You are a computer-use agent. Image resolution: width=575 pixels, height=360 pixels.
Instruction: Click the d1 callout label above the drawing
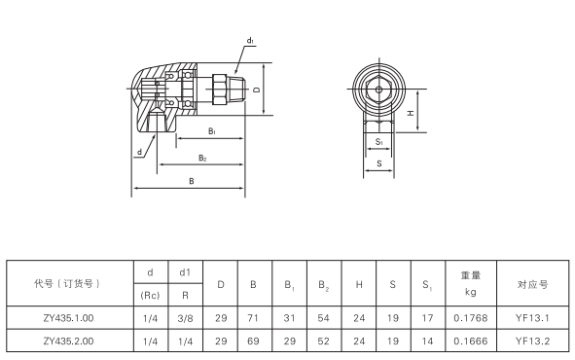pos(250,41)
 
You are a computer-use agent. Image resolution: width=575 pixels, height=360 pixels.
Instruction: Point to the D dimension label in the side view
pos(258,90)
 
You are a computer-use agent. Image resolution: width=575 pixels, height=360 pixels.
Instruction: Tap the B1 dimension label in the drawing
pos(212,131)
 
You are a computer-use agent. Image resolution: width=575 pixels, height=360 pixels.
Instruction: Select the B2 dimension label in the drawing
pos(202,158)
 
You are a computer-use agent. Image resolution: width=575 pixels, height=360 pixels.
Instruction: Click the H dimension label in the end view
pos(412,113)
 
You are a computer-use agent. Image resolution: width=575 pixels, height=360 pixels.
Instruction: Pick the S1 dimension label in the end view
pos(379,141)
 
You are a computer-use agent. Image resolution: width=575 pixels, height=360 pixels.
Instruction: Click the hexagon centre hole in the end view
pos(378,90)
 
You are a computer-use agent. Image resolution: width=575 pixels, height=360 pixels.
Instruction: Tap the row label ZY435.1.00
pos(68,318)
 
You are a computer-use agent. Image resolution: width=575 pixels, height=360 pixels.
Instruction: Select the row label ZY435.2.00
pos(68,341)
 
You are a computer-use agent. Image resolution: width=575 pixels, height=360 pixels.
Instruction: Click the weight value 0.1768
pos(471,318)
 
